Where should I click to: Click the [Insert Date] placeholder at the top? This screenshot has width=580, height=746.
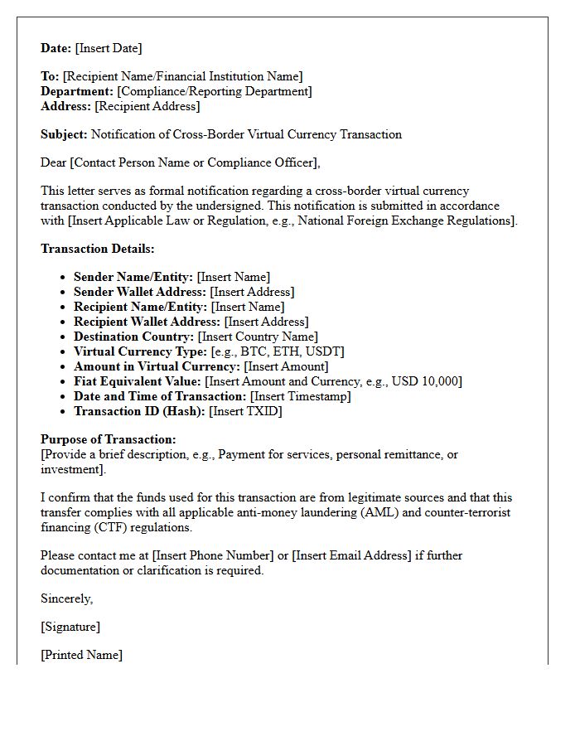click(x=109, y=48)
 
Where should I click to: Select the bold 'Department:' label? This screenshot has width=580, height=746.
click(x=77, y=91)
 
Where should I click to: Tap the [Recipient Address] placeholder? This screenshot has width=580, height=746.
click(x=147, y=106)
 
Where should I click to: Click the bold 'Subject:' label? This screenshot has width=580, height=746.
click(x=64, y=134)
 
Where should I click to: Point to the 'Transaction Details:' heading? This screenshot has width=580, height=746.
click(x=98, y=249)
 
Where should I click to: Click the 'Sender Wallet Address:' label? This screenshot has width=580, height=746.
click(x=140, y=292)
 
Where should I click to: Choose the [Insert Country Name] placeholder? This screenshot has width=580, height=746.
click(x=258, y=337)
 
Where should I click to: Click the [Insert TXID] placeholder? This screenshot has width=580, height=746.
click(x=245, y=411)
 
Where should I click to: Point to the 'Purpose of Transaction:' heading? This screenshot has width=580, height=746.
click(x=109, y=439)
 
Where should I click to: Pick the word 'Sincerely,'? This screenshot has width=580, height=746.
click(x=67, y=598)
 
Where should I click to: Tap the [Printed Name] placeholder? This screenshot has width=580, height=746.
click(x=81, y=655)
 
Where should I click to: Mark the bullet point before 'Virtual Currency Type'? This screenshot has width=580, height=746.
click(x=64, y=351)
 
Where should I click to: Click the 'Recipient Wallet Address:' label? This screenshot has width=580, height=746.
click(x=147, y=322)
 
